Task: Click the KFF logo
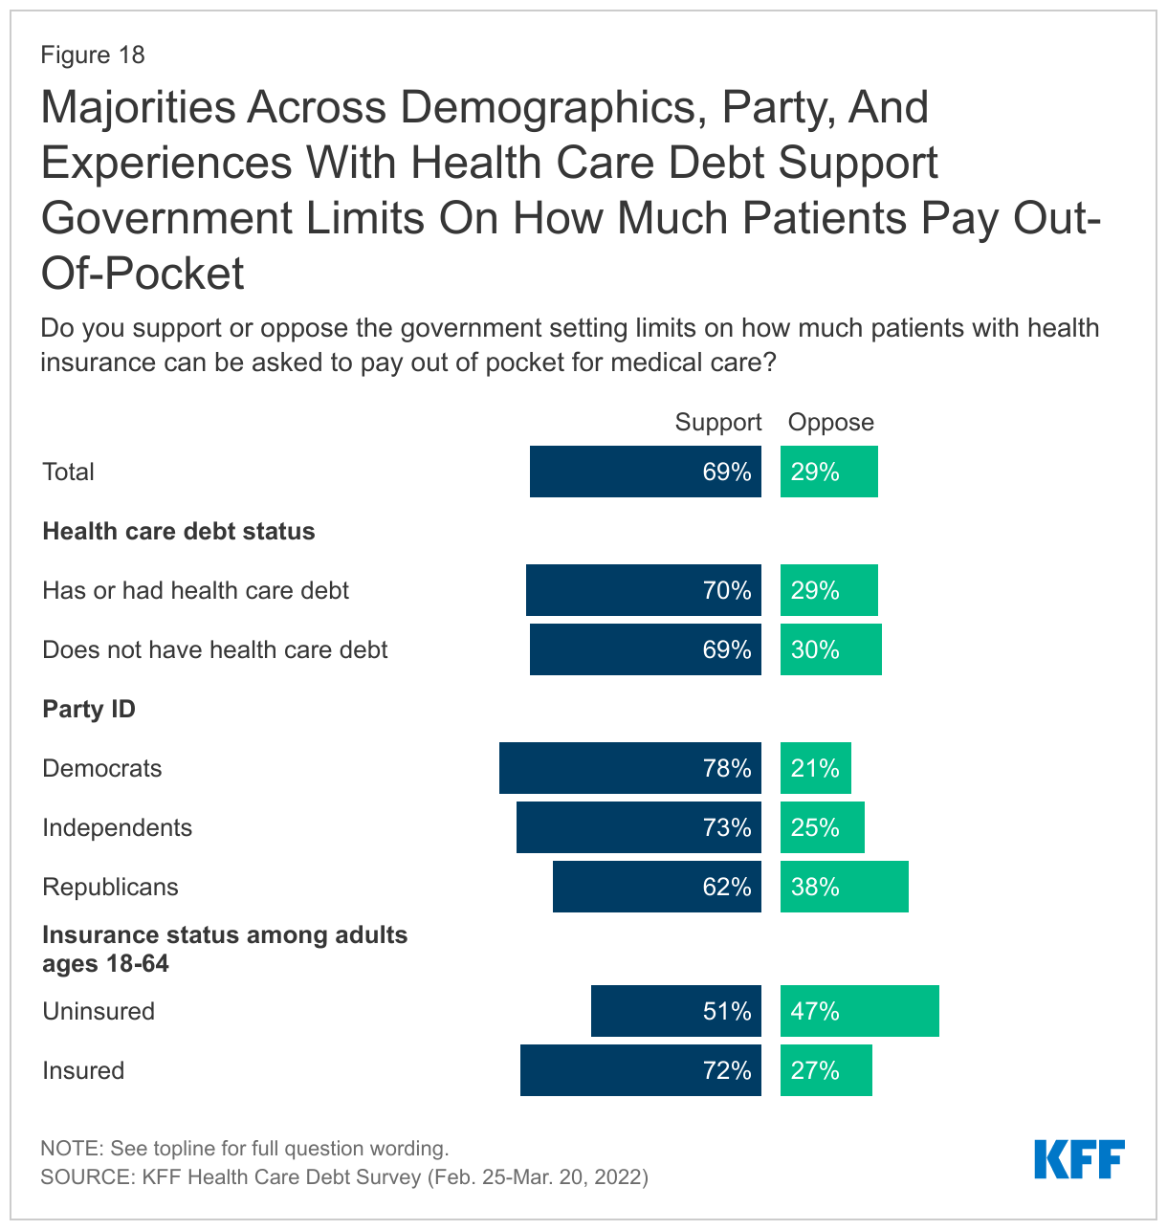point(1079,1159)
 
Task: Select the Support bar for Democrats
point(629,768)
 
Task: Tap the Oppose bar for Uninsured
point(859,1011)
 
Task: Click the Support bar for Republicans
point(656,887)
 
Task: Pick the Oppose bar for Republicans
point(844,887)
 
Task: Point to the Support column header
point(717,423)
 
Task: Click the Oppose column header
point(830,423)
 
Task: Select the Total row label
point(68,472)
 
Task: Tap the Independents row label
point(117,827)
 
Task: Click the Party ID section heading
point(89,709)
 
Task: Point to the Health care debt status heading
point(179,532)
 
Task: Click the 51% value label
point(727,1011)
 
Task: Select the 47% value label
point(815,1011)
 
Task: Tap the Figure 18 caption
point(92,55)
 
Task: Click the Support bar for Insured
point(640,1070)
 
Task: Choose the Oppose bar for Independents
point(822,827)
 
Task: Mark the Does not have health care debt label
point(215,649)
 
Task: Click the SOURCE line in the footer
point(344,1176)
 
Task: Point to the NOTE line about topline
point(244,1148)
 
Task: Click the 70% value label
point(727,590)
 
